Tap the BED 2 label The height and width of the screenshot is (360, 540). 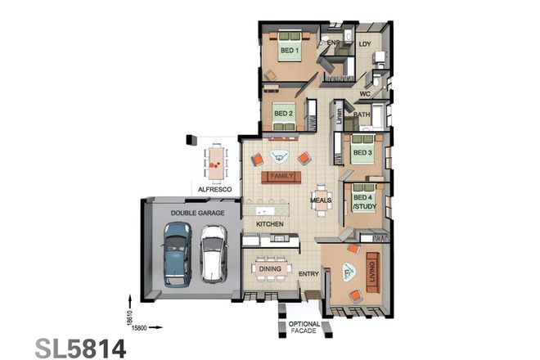(283, 114)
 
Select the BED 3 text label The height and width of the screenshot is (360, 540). (362, 152)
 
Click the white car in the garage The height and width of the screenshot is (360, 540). (213, 253)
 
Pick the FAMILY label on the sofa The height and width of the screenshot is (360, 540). (281, 176)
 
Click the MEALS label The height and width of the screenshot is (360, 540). (321, 200)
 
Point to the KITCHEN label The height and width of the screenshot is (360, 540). (269, 223)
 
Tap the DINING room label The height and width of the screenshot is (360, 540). (270, 268)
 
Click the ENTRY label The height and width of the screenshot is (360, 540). (308, 274)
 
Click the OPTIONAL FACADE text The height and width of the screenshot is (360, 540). (304, 329)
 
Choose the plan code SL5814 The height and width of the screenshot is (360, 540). (80, 346)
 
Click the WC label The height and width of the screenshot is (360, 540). (364, 94)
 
